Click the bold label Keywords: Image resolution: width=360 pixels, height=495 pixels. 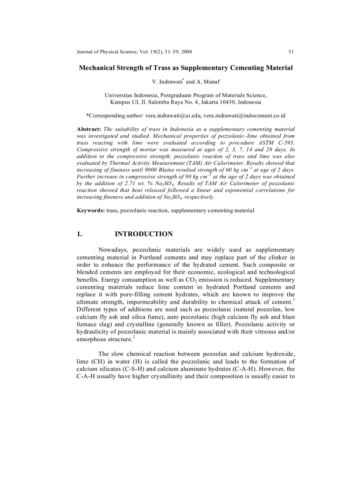(91, 210)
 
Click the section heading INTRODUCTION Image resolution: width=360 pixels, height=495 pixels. (143, 234)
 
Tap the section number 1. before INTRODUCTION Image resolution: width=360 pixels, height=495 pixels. (79, 234)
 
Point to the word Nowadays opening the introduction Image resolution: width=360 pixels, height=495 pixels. (112, 250)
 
